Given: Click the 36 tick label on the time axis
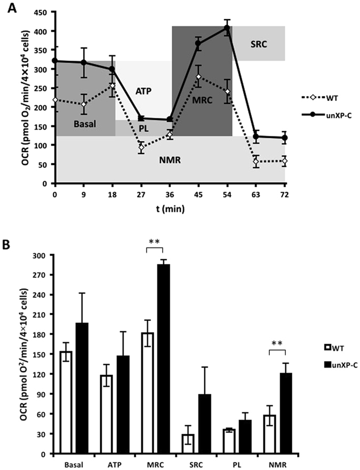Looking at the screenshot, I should [x=169, y=195].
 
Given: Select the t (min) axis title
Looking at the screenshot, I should [x=169, y=209].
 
